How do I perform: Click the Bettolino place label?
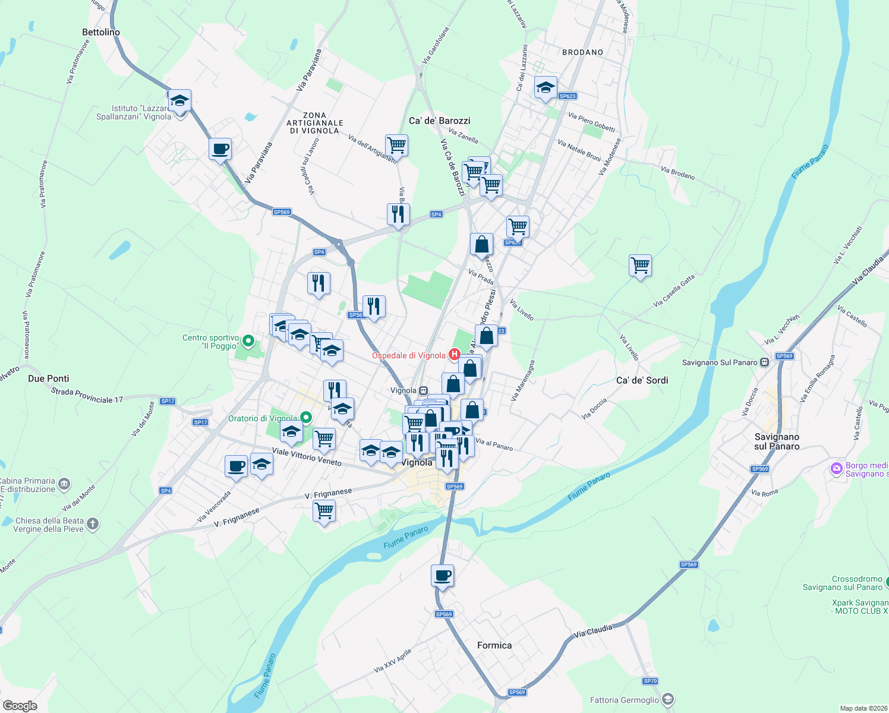click(x=101, y=32)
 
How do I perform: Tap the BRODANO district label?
click(x=582, y=52)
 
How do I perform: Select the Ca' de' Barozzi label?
click(x=439, y=121)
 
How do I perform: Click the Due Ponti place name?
click(x=49, y=378)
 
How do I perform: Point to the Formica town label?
click(x=494, y=645)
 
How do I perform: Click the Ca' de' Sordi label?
click(x=642, y=380)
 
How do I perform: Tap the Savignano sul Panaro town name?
click(x=777, y=441)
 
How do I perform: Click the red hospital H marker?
click(x=455, y=355)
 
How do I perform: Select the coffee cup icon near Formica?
click(x=442, y=576)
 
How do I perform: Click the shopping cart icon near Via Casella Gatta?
click(x=640, y=266)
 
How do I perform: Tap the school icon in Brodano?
click(x=546, y=88)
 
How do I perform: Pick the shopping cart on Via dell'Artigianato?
click(x=396, y=145)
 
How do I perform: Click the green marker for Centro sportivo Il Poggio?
click(x=249, y=341)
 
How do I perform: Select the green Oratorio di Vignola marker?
click(x=306, y=418)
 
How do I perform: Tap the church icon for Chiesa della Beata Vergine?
click(x=93, y=523)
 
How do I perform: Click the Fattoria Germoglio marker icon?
click(x=668, y=699)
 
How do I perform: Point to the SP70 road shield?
click(x=650, y=681)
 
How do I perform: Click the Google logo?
click(x=20, y=705)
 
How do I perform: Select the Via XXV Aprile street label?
click(x=393, y=661)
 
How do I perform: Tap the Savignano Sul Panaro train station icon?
click(x=764, y=362)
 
